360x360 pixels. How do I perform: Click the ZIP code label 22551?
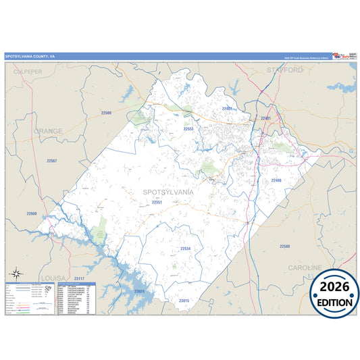tap(157, 202)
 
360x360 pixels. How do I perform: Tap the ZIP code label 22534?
tap(185, 249)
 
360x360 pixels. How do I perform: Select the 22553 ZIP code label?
tap(188, 128)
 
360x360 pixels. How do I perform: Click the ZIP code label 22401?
tap(265, 118)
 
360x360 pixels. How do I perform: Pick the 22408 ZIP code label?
tap(276, 180)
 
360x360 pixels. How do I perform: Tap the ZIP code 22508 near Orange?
tap(105, 113)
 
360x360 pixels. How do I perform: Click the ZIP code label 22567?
tap(52, 161)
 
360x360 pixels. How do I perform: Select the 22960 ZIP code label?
tap(32, 213)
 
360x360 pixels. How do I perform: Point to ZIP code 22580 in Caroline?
tap(284, 247)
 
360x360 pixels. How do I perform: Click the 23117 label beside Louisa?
tap(79, 278)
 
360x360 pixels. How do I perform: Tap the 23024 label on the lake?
tap(139, 290)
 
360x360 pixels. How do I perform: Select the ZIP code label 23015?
tap(184, 300)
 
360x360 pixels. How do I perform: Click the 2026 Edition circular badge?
tap(334, 294)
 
